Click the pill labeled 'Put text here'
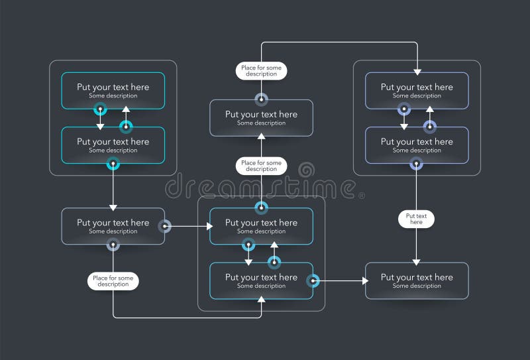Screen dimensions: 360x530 pos(416,219)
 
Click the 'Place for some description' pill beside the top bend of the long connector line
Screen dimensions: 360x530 pos(261,70)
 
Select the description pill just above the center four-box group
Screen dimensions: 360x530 pos(261,166)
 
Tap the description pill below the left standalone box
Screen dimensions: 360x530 pos(113,280)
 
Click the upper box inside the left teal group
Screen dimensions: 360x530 pos(113,90)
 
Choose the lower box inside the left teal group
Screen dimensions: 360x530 pos(113,145)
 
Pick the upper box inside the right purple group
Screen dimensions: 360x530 pos(417,90)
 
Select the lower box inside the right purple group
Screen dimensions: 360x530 pos(417,145)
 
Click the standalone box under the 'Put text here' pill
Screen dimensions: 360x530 pos(417,280)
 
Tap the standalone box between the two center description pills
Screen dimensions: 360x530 pos(261,117)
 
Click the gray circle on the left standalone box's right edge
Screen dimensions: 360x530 pos(164,226)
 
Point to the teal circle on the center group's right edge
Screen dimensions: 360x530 pos(313,280)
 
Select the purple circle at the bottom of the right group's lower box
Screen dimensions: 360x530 pos(416,164)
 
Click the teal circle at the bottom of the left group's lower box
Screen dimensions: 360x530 pos(113,164)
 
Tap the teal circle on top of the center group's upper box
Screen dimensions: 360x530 pos(261,208)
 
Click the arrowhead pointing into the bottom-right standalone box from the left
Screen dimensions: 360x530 pos(364,280)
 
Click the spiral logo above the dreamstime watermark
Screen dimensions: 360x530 pos(308,169)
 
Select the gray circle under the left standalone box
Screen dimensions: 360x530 pos(113,245)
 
